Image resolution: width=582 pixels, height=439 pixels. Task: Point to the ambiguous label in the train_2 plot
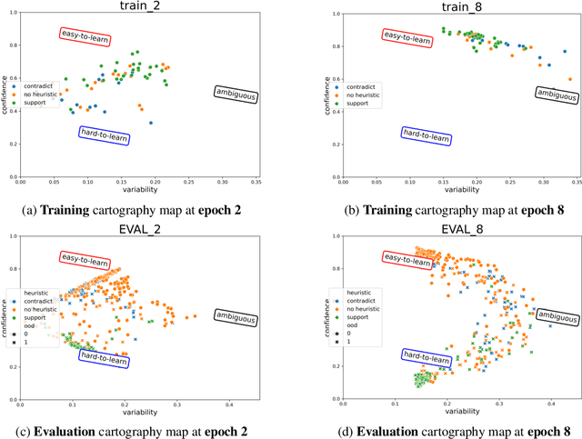coord(236,91)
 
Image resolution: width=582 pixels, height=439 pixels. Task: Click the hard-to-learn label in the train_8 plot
coord(426,134)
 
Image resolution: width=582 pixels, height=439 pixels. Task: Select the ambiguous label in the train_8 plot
coord(556,92)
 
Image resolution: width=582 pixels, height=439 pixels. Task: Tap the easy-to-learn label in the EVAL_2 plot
coord(85,260)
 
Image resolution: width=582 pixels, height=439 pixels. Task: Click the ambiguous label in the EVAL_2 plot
coord(236,315)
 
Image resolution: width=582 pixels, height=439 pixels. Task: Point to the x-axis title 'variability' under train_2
coord(139,190)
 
